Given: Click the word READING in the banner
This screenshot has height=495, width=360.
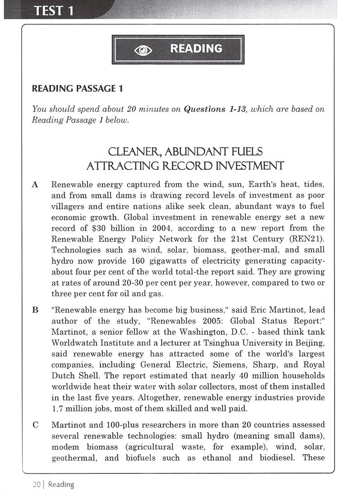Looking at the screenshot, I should pos(196,49).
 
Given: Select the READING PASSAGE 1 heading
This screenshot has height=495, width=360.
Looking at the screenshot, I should pos(77,89).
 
